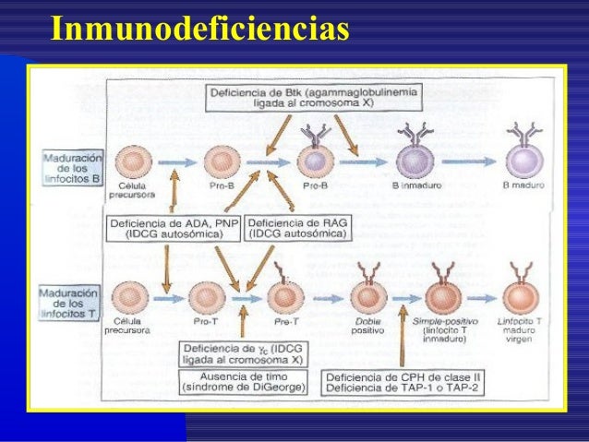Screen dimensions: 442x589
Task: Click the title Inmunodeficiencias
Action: coord(199,28)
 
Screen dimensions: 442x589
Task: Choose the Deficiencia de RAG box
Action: coord(297,228)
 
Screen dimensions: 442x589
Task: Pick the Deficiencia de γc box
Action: coord(246,353)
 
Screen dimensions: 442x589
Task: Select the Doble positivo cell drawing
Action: coord(368,295)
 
